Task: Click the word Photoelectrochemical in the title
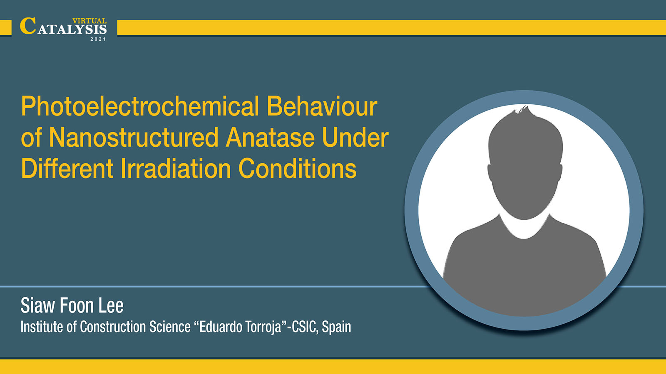coord(140,106)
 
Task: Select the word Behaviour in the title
coord(322,106)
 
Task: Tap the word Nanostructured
coord(134,138)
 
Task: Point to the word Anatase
coord(270,138)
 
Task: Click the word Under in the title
coord(355,138)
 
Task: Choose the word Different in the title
coord(67,168)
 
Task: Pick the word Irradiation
coord(176,168)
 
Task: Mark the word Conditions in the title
coord(297,168)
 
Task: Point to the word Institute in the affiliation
coord(42,327)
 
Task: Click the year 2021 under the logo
coord(98,39)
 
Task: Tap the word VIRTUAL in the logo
coord(89,21)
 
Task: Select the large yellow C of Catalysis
coord(28,26)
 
